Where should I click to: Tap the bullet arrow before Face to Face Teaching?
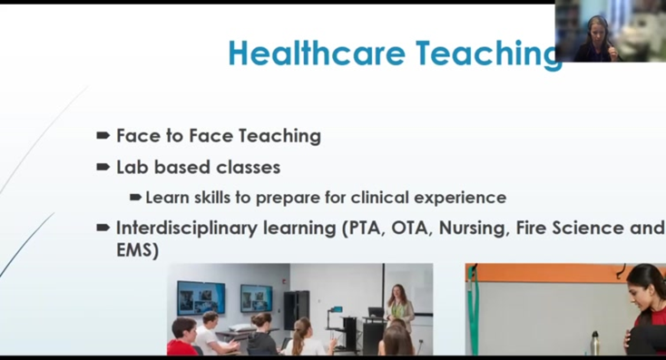[103, 136]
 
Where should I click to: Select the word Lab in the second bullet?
[132, 167]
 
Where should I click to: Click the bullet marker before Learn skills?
[135, 197]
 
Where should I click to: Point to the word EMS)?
[137, 250]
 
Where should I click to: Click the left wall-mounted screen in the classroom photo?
[200, 297]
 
